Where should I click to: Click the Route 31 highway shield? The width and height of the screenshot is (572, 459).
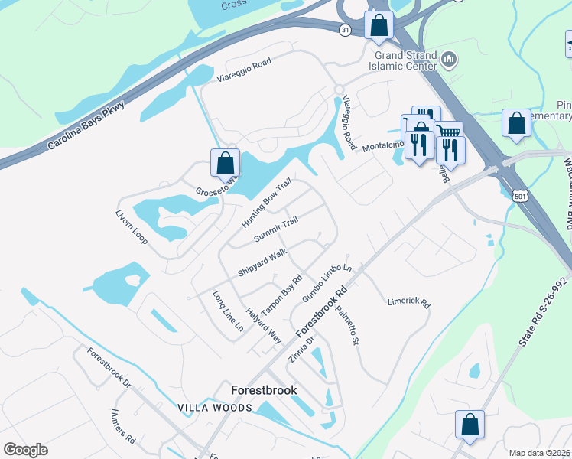coord(345,29)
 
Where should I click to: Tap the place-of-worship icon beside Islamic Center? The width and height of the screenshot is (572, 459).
coord(450,59)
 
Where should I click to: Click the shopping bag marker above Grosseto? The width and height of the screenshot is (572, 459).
coord(225,163)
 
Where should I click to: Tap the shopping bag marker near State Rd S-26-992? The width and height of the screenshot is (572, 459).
coord(470,425)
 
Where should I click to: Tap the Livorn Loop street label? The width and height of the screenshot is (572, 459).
coord(132,227)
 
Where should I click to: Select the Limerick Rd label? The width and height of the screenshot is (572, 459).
coord(408,302)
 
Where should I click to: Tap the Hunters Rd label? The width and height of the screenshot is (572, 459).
coord(122,427)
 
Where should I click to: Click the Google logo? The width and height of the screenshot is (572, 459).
coord(25,450)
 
